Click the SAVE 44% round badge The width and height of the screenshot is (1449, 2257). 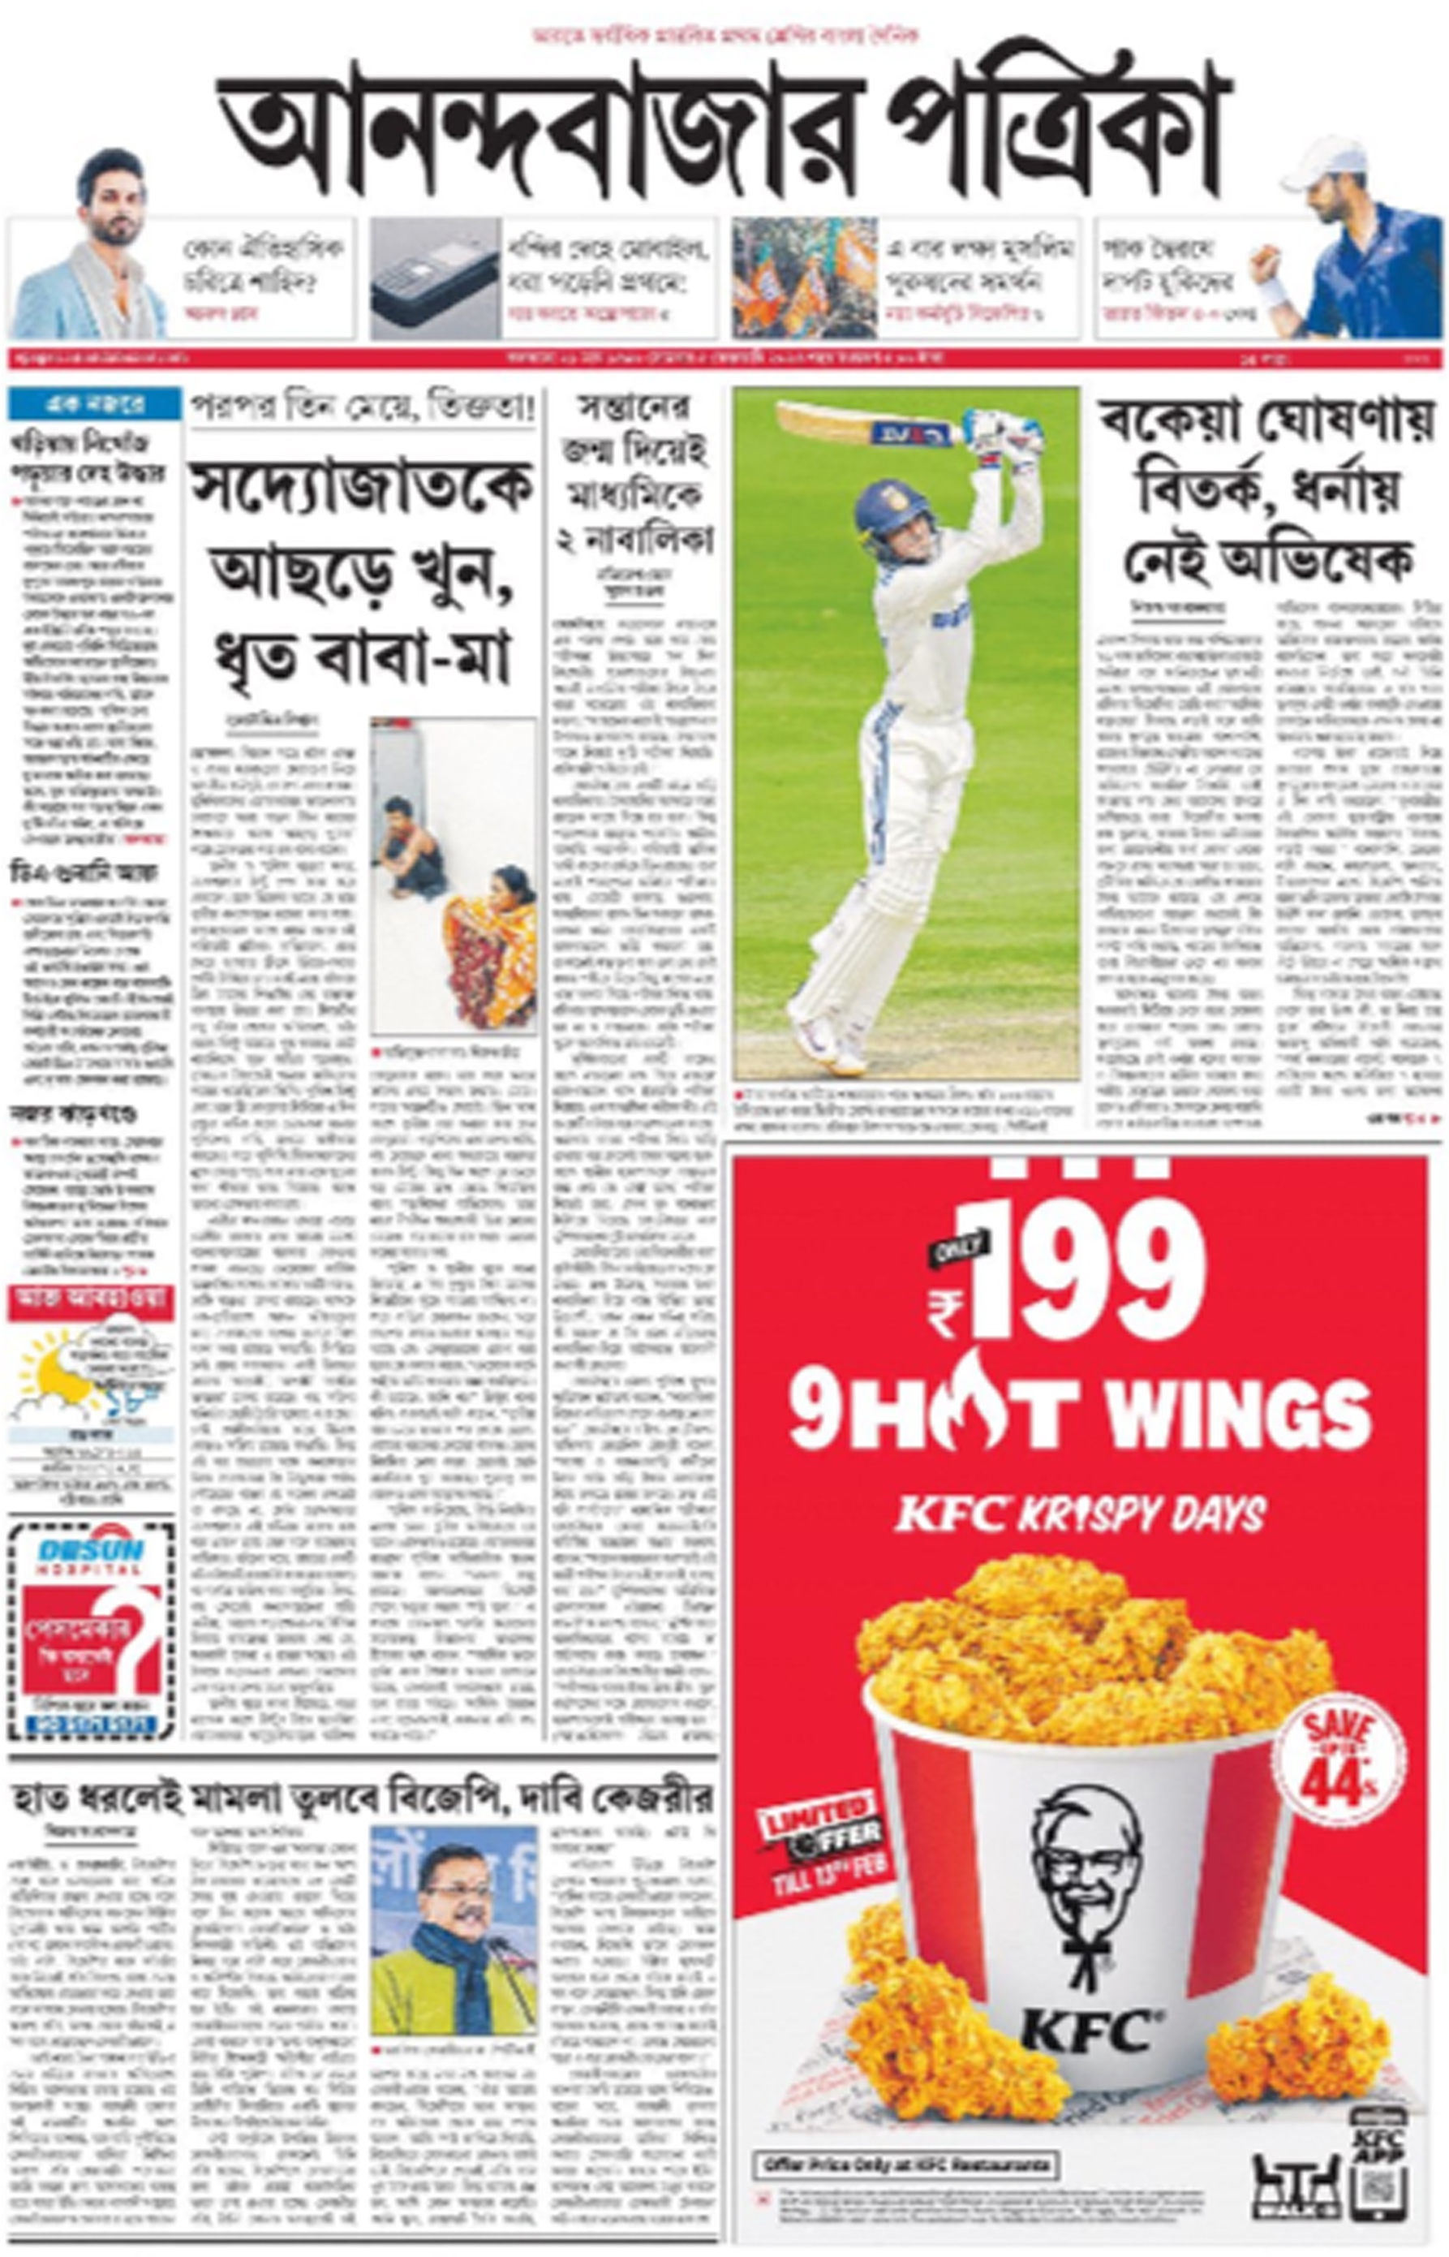pos(1339,1754)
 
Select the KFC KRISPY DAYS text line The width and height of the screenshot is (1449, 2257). pos(1079,1514)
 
